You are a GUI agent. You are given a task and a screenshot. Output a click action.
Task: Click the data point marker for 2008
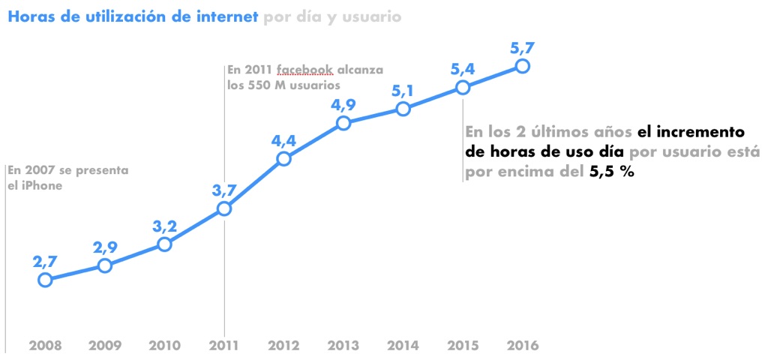45,280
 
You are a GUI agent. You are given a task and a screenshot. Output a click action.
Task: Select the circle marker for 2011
223,208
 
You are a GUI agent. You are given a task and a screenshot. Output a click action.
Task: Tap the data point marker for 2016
522,66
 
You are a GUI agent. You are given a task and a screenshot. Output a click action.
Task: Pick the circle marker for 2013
343,123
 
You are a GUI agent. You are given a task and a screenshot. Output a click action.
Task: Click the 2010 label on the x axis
164,346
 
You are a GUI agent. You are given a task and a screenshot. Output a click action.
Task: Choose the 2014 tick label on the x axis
403,346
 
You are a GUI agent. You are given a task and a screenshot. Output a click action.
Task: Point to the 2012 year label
283,346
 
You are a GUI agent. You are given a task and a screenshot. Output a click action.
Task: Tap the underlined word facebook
304,70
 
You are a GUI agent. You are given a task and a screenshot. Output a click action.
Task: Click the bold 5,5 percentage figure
600,172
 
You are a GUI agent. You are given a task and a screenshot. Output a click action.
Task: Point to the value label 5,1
403,90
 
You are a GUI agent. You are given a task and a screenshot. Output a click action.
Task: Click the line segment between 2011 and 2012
253,184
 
